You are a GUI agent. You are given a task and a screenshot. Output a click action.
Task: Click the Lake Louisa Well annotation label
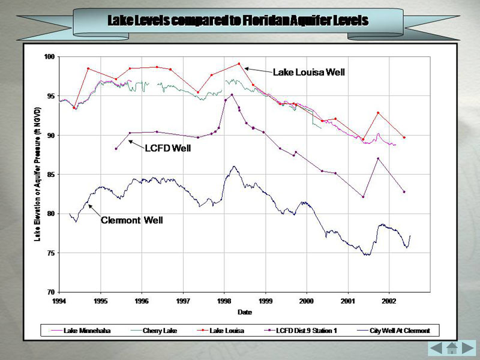308,73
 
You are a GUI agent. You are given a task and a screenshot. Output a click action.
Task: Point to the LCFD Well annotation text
167,148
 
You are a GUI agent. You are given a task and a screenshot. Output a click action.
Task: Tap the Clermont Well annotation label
131,220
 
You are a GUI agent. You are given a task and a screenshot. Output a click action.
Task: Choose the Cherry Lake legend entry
160,331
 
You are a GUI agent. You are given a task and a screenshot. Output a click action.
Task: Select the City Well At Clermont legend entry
403,331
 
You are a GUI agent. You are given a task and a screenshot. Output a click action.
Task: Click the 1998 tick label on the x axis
224,300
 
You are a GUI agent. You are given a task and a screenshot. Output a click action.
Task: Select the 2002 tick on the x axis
389,300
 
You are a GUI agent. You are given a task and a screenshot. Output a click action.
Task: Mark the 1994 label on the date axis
59,300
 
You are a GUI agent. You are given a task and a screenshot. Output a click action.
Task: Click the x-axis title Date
244,312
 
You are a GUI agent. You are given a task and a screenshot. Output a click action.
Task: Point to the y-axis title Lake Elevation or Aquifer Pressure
37,174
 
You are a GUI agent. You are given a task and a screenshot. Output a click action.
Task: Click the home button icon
452,348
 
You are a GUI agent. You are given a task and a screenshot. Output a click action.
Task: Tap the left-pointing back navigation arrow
436,348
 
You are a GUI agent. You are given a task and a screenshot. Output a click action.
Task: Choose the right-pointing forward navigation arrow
467,348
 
